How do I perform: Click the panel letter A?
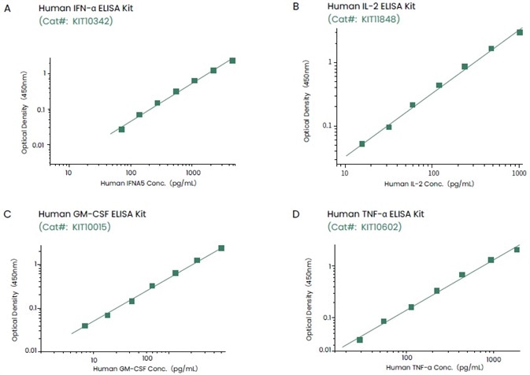click(8, 7)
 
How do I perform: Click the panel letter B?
click(273, 7)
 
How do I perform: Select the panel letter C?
click(8, 213)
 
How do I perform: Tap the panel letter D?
click(273, 213)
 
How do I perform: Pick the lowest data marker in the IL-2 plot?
click(362, 144)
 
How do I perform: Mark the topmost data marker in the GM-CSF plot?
click(221, 248)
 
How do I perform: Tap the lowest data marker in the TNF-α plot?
click(360, 340)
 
